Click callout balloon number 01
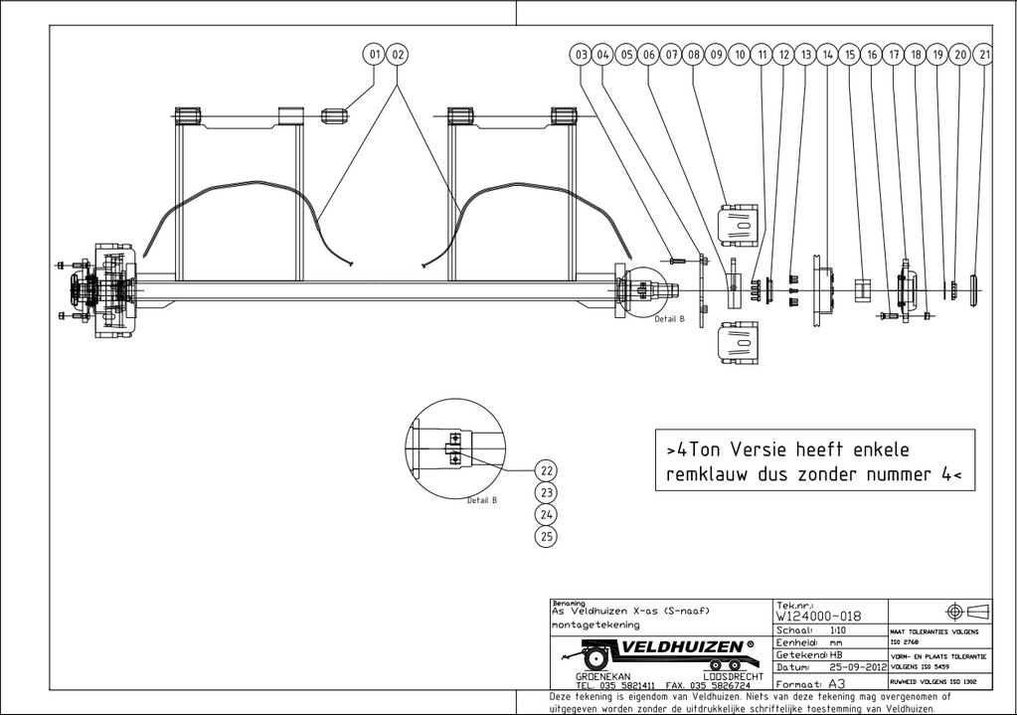coord(375,54)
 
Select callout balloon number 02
coord(398,54)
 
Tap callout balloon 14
coord(827,55)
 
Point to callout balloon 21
coord(985,55)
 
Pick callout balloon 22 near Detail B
coord(546,469)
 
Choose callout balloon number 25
coord(546,537)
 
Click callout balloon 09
coord(715,55)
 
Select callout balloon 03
coord(582,55)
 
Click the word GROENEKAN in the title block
coord(601,675)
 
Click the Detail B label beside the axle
coord(669,319)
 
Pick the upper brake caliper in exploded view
coord(737,224)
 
